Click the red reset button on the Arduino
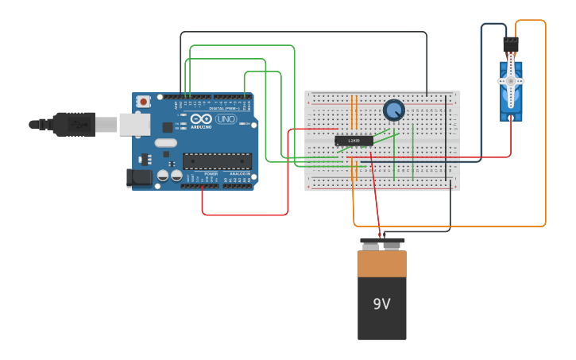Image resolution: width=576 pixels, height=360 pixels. tap(143, 101)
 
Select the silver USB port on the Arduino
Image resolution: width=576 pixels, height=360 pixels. tap(135, 124)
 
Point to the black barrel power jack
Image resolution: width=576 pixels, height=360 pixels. tap(139, 178)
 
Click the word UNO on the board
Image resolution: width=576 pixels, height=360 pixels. tap(226, 119)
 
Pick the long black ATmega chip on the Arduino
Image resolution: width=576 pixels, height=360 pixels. tap(217, 161)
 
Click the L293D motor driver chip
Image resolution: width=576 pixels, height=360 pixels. tap(354, 141)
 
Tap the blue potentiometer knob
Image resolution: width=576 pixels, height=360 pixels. tap(393, 110)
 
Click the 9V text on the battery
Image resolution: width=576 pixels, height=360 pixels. tap(381, 304)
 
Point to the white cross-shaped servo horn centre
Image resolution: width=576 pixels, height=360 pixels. tap(510, 81)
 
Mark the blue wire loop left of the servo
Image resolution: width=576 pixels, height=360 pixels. tap(481, 95)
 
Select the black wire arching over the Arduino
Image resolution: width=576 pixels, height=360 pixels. tap(302, 32)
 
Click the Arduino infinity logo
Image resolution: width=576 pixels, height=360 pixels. tap(200, 119)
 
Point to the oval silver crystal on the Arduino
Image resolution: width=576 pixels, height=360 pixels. tap(165, 143)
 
